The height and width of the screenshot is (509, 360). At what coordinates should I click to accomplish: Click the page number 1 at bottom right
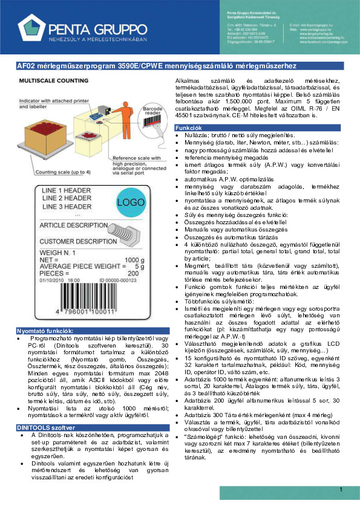[x=342, y=489]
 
